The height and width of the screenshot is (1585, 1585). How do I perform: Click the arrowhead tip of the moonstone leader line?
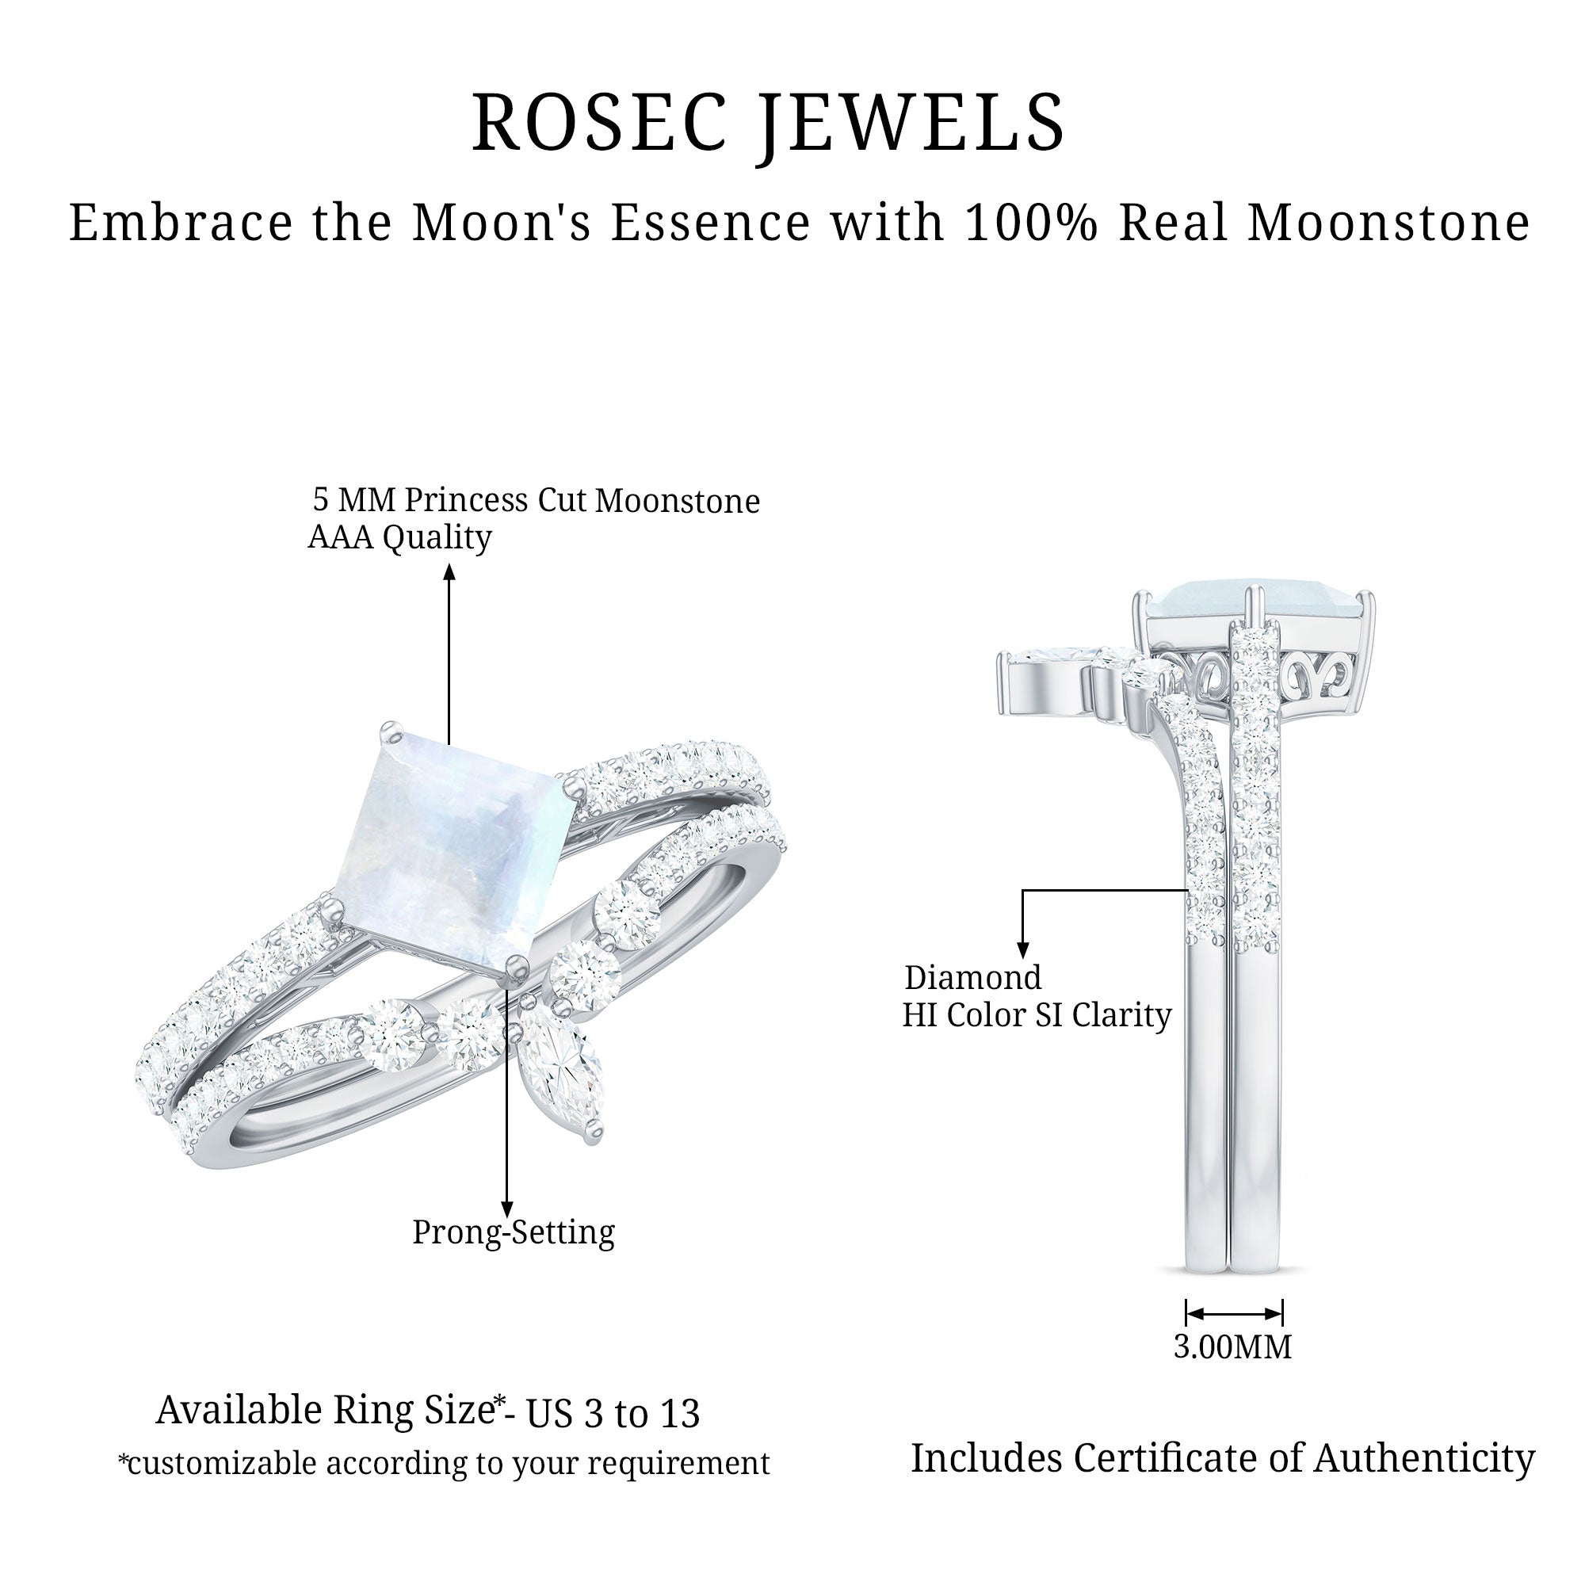pos(449,563)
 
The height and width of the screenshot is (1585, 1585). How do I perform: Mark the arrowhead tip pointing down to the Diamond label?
pos(1022,958)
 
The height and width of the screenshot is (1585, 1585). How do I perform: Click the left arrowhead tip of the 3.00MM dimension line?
pos(1187,1313)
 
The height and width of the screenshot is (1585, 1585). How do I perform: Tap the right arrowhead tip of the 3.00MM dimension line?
pos(1282,1313)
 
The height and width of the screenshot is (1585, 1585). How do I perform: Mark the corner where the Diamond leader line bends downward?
pos(1022,889)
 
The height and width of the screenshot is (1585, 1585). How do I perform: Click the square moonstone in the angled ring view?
pos(456,854)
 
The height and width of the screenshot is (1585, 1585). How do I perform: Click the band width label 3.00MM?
pos(1232,1347)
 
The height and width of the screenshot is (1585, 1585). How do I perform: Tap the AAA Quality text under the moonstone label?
pos(399,537)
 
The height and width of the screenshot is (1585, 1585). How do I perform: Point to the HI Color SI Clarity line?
pos(1036,1015)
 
